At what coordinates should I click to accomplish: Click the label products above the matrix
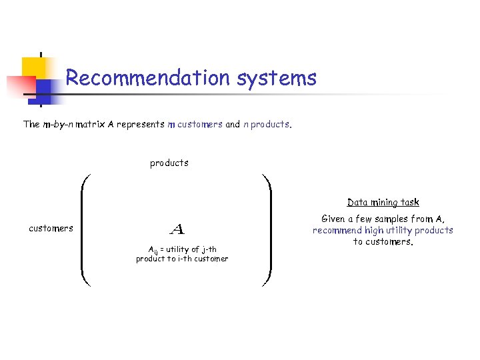tap(169, 163)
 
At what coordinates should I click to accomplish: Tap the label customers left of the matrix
tap(51, 228)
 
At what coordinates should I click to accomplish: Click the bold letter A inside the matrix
tap(177, 230)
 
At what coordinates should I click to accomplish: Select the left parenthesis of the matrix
tap(84, 230)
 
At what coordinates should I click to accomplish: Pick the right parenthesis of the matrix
tap(267, 230)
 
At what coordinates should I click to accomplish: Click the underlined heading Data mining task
tap(383, 202)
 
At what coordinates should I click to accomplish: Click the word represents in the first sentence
tap(140, 124)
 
